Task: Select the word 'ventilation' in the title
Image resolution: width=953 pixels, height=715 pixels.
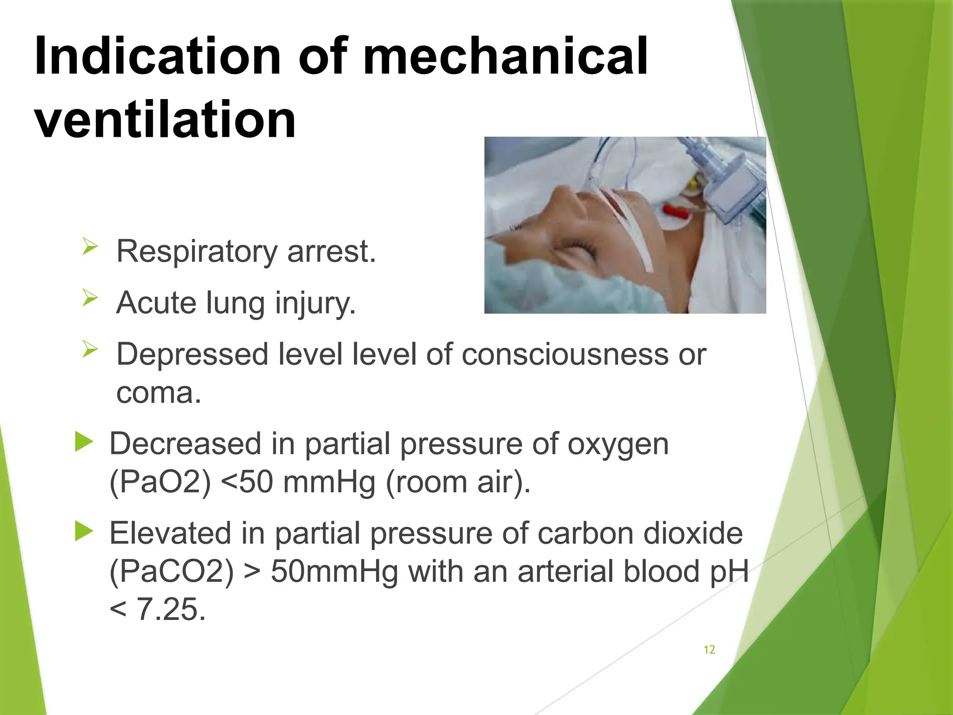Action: pyautogui.click(x=165, y=120)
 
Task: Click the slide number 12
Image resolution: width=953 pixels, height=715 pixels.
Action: pyautogui.click(x=709, y=650)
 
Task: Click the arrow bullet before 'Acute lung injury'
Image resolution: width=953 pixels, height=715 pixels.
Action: pyautogui.click(x=90, y=297)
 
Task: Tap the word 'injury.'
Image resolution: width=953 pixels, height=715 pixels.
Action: pyautogui.click(x=315, y=303)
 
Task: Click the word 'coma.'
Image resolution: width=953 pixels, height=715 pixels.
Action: pyautogui.click(x=159, y=393)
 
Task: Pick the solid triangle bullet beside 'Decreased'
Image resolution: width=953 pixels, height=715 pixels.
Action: pyautogui.click(x=84, y=441)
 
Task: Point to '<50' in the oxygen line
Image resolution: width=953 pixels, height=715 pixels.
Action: pyautogui.click(x=247, y=482)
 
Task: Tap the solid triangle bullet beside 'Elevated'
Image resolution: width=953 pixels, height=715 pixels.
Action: pyautogui.click(x=84, y=531)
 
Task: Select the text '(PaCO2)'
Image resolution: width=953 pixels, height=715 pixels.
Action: pyautogui.click(x=171, y=572)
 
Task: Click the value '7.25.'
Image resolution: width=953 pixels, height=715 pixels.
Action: pyautogui.click(x=171, y=610)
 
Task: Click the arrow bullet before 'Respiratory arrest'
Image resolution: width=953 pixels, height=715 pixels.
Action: pyautogui.click(x=90, y=246)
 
